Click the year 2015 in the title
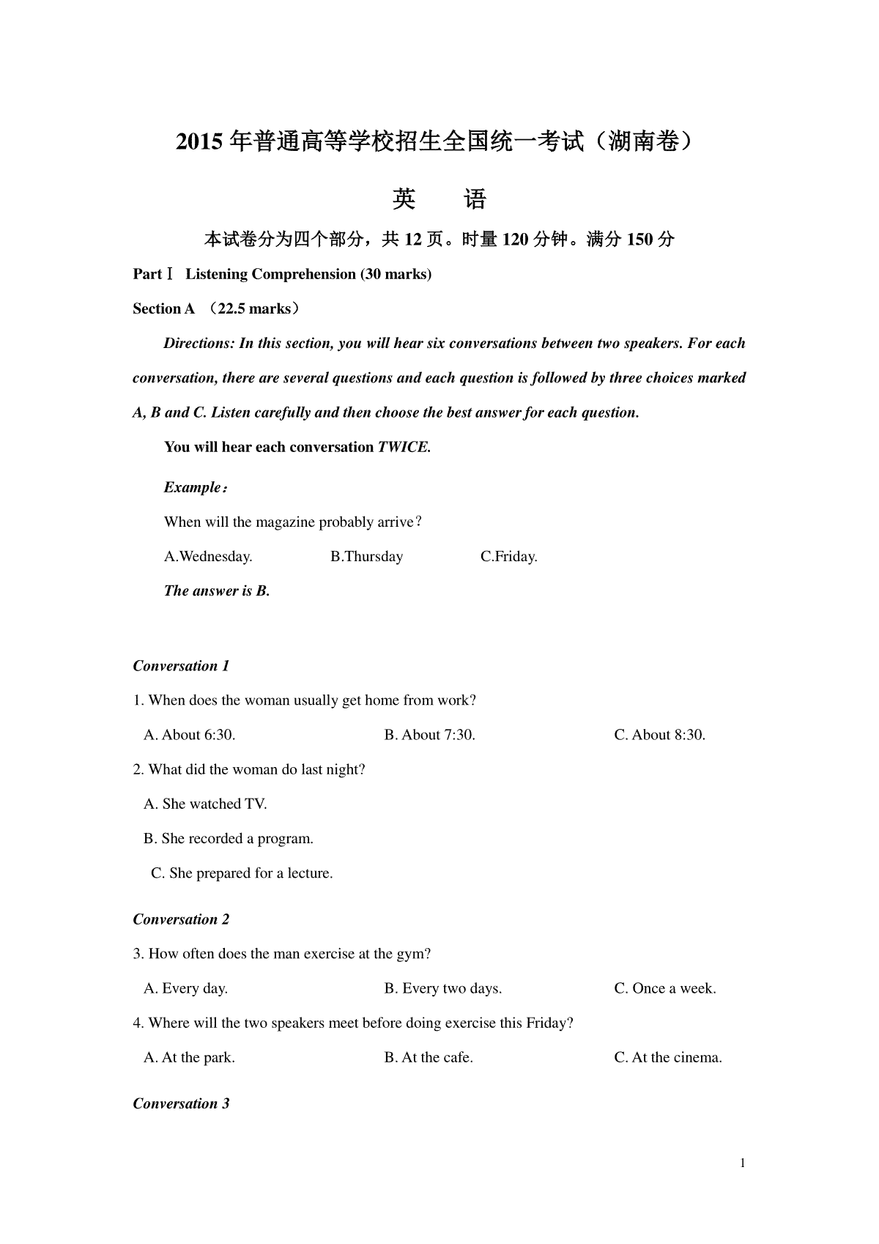[x=199, y=141]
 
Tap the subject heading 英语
[x=439, y=199]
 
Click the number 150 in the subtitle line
[x=639, y=240]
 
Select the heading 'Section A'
[x=163, y=308]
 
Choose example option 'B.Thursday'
[x=366, y=557]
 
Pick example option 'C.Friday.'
[x=509, y=557]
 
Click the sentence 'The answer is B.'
[x=217, y=591]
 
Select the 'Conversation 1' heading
[x=181, y=666]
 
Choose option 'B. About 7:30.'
[x=430, y=735]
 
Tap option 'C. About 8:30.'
[x=660, y=735]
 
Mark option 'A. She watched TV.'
[x=205, y=804]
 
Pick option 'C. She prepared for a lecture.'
[x=242, y=873]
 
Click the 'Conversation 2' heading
[x=181, y=919]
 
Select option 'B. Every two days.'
[x=443, y=989]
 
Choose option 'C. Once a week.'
[x=665, y=989]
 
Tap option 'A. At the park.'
[x=189, y=1058]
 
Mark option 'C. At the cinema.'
[x=668, y=1058]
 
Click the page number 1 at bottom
[x=743, y=1163]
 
